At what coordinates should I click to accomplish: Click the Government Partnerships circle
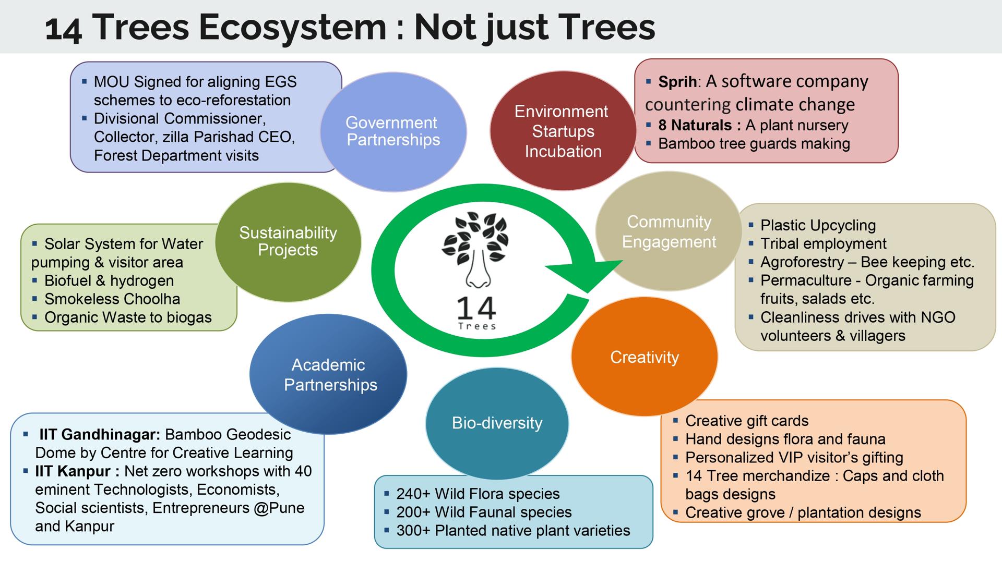point(393,131)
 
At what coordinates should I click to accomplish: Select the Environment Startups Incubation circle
point(563,131)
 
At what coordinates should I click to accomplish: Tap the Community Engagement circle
point(669,231)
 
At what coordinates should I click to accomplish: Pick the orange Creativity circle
point(645,357)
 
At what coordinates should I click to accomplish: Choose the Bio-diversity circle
point(497,423)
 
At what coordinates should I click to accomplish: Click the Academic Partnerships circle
point(328,374)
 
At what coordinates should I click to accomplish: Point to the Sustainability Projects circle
point(288,242)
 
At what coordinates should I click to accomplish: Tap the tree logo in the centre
point(475,250)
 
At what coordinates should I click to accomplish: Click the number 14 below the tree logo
point(476,308)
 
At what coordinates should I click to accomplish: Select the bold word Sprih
point(677,82)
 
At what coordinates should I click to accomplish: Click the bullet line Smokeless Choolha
point(112,299)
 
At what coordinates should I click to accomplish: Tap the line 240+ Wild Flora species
point(478,494)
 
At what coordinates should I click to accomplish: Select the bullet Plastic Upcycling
point(818,225)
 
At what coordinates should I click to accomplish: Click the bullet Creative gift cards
point(747,421)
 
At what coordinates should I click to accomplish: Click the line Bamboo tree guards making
point(754,143)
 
